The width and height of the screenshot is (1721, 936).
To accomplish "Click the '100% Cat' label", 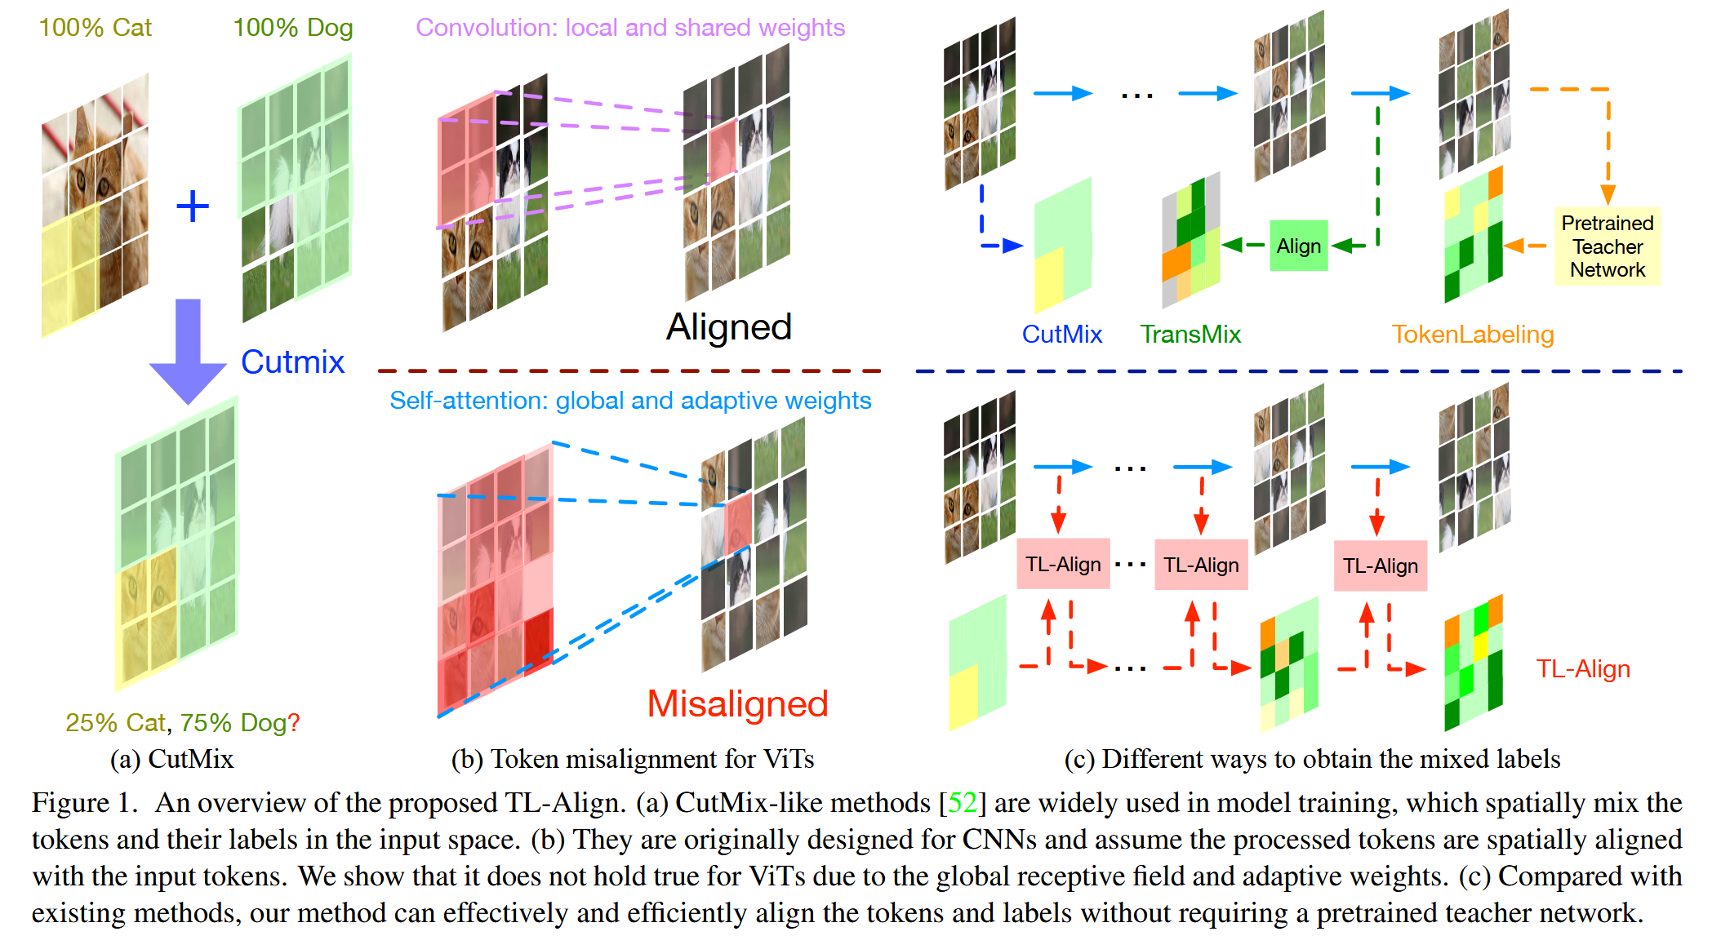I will (x=95, y=28).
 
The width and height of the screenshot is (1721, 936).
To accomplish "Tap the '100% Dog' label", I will (x=292, y=28).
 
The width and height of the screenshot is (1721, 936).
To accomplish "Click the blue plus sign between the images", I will (x=193, y=206).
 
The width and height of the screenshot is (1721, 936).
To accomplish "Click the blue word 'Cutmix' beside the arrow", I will (x=292, y=362).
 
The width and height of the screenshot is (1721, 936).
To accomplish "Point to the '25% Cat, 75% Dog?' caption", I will (x=182, y=722).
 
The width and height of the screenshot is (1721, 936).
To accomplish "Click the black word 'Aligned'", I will (x=728, y=327).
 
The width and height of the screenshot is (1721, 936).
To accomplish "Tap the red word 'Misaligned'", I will (x=737, y=703).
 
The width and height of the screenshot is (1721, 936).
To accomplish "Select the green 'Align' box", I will (x=1298, y=246).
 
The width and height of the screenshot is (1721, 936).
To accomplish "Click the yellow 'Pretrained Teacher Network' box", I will (x=1607, y=246).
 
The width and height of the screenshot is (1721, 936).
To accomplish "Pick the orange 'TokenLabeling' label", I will (x=1472, y=334).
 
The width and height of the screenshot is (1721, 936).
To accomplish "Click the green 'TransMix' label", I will (x=1190, y=334).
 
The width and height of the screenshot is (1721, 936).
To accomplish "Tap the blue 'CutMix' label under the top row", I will (x=1061, y=334).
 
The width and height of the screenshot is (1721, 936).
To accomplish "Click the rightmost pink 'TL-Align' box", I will (x=1380, y=566).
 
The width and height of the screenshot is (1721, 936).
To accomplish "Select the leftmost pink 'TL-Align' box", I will (x=1063, y=564).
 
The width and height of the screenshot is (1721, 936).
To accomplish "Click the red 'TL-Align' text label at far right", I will (x=1582, y=668).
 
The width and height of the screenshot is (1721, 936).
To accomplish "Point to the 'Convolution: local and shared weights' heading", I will (x=629, y=28).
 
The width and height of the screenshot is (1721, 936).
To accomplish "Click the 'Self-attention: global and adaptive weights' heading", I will (x=629, y=401).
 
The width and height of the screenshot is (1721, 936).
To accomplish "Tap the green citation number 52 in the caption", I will (x=962, y=803).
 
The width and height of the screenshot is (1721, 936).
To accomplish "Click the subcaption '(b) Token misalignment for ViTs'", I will (x=632, y=759).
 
